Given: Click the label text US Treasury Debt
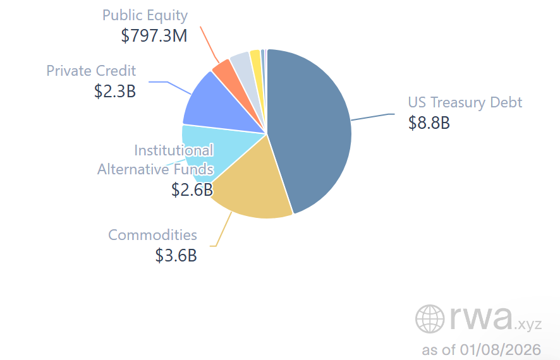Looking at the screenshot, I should pos(465,102).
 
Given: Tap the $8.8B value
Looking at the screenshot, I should pos(429,123).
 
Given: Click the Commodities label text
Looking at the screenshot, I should pos(152,235).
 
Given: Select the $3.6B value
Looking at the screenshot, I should pos(176,256).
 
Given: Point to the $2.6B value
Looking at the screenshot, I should pos(192,189).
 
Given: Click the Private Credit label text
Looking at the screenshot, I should pos(91,70).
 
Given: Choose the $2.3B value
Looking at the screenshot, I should pos(114,91).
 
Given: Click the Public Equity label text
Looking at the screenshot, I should pos(145,15).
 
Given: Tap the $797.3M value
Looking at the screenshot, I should pos(154,35).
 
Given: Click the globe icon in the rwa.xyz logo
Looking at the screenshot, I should pos(430,318).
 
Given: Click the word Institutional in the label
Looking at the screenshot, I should pos(173,150).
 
